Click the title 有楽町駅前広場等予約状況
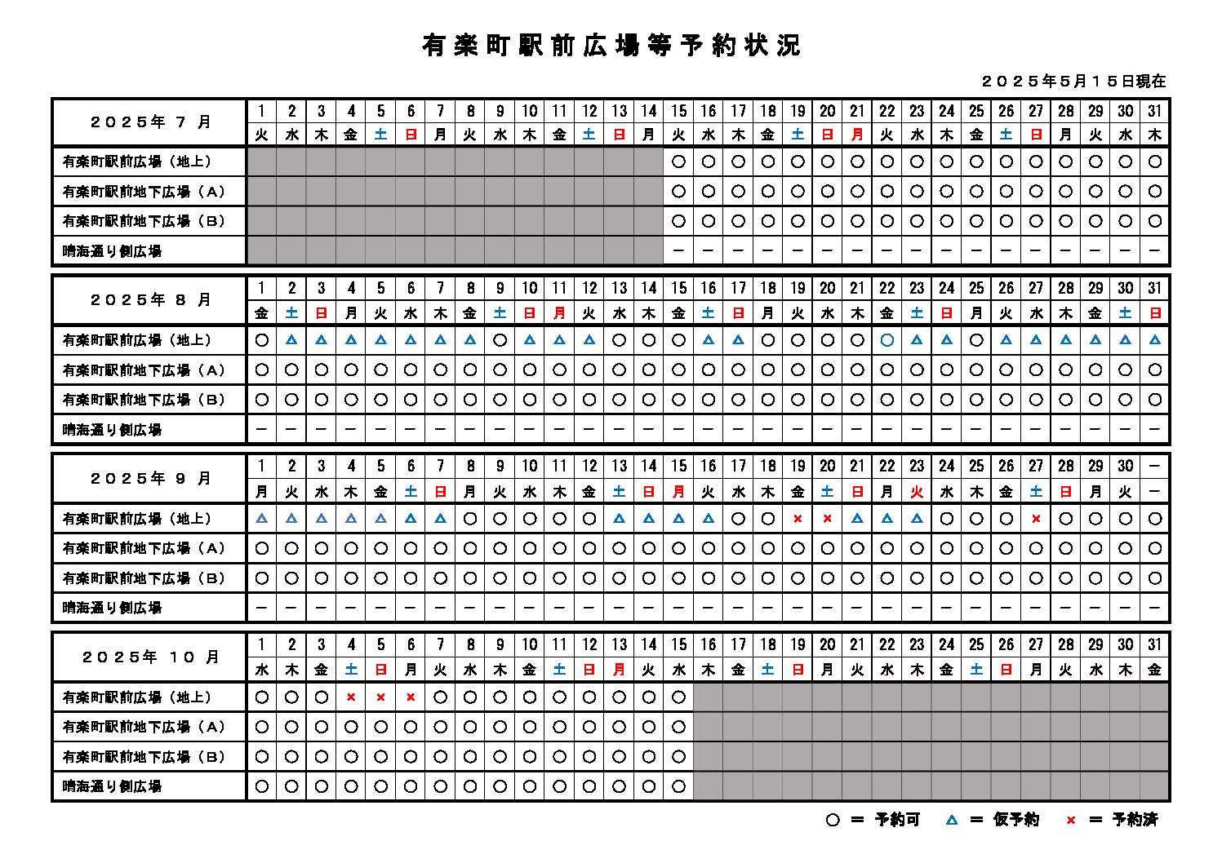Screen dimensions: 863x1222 (611, 46)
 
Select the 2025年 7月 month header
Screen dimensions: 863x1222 (150, 122)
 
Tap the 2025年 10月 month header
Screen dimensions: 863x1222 (150, 657)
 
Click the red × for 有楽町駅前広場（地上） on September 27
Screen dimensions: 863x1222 (1036, 519)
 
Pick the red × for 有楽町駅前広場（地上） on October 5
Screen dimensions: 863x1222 (380, 697)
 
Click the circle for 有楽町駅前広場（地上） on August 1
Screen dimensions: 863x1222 (262, 340)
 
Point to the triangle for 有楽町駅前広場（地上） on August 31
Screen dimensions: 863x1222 (1155, 340)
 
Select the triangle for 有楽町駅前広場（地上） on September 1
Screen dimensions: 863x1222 (262, 519)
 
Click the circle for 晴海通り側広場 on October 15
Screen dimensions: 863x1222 (678, 786)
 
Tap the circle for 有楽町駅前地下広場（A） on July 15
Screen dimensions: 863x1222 (678, 192)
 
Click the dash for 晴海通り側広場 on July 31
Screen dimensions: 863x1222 (1155, 251)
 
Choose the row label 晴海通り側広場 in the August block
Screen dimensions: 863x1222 (113, 430)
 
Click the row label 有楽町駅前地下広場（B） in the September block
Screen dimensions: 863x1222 (144, 578)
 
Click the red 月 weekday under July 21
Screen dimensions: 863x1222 (857, 135)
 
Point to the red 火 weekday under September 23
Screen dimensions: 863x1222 (917, 492)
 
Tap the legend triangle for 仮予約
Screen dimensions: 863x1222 (952, 820)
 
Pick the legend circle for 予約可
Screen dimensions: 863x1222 (833, 820)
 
